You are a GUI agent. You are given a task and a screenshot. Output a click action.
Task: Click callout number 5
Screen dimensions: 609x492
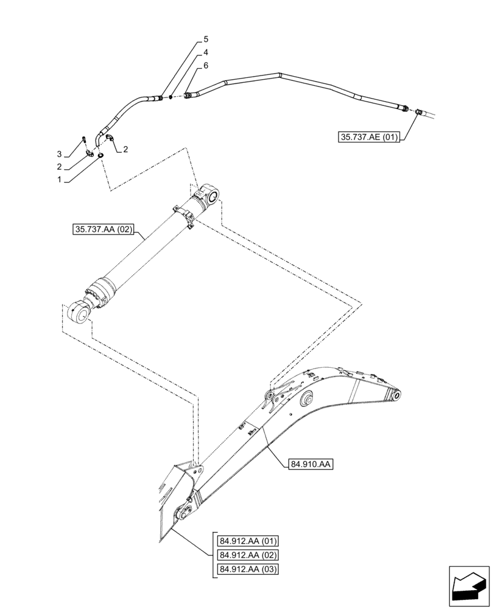coord(206,39)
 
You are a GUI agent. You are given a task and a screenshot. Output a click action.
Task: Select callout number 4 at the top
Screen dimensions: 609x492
coord(206,52)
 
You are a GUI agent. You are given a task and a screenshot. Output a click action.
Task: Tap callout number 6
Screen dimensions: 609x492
coord(206,65)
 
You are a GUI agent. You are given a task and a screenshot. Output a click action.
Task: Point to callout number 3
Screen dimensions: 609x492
coord(60,153)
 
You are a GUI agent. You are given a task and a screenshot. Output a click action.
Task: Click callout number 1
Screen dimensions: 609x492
coord(60,180)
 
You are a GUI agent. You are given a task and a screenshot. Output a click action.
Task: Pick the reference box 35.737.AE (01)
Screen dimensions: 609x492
coord(368,138)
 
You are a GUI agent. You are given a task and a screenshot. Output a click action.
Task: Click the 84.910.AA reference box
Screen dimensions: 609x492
coord(310,465)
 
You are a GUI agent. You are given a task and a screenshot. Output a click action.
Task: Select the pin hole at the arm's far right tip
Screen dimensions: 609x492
coord(396,396)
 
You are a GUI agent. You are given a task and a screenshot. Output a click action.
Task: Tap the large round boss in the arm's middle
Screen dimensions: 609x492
coord(304,400)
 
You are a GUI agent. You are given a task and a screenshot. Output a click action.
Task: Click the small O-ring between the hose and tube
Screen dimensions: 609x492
coord(172,96)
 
